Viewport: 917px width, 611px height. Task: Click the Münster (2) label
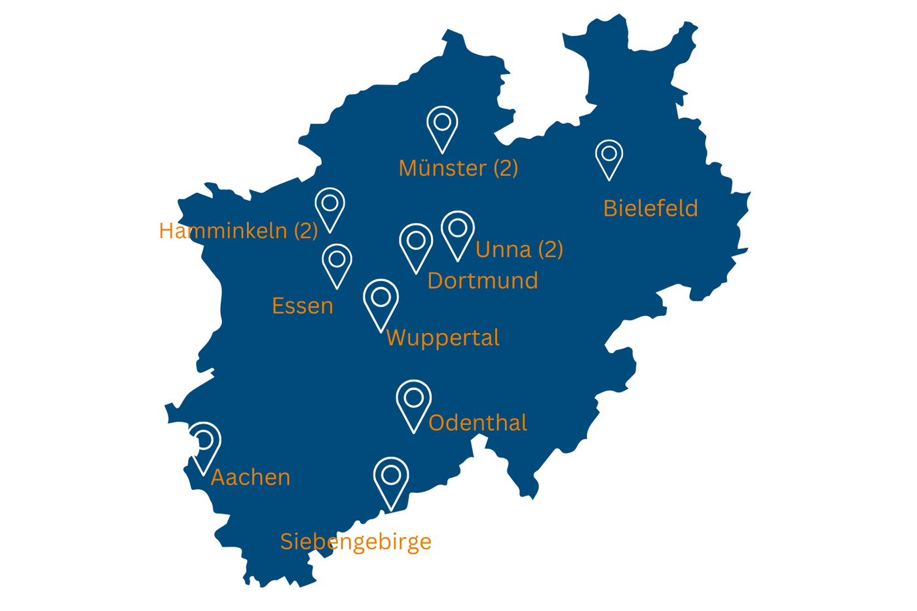[x=458, y=168]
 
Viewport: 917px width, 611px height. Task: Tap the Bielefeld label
[x=650, y=208]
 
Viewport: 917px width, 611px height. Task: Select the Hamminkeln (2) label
[x=238, y=231]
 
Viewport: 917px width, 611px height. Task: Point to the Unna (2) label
[x=519, y=250]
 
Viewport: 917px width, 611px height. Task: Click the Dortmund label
[x=483, y=281]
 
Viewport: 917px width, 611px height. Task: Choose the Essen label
[x=303, y=306]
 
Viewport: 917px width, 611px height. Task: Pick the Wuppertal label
[x=443, y=338]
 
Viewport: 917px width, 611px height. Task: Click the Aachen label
[x=250, y=478]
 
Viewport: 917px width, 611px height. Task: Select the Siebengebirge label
[x=356, y=542]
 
